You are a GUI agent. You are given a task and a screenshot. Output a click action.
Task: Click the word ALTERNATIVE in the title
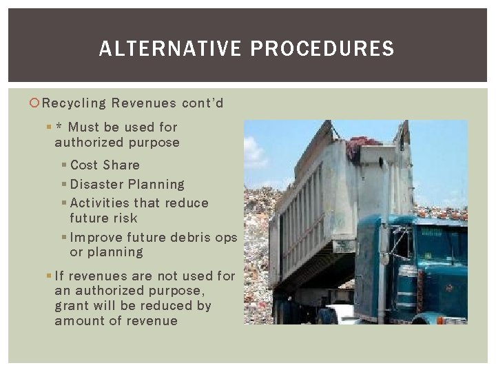(x=171, y=49)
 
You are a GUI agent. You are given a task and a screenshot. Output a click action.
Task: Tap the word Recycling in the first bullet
(x=74, y=103)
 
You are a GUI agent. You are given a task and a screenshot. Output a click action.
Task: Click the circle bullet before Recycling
(x=36, y=103)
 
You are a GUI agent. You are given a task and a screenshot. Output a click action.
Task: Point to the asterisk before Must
(x=60, y=127)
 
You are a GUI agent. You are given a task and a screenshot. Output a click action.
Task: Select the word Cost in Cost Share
(x=84, y=165)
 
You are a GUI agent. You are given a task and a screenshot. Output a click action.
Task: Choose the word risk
(x=124, y=218)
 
